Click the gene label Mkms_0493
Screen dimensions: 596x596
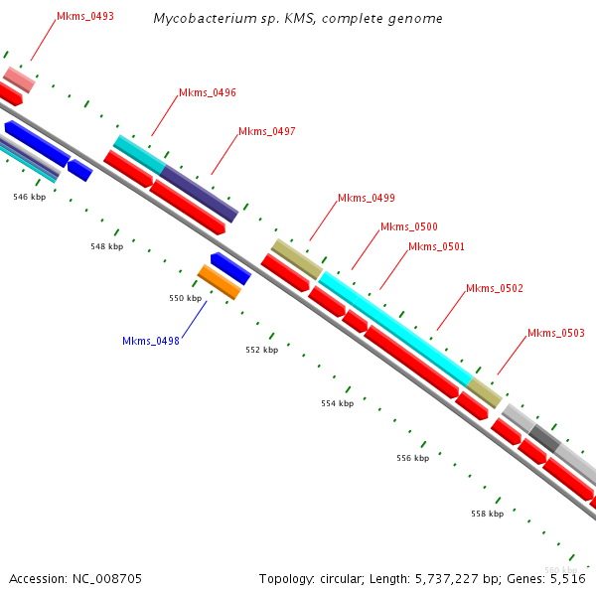pos(84,16)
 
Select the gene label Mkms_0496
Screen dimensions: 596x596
pos(207,92)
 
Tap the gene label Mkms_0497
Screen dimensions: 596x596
pos(266,131)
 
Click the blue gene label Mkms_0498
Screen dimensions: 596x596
pos(150,341)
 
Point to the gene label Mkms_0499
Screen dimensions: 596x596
pos(366,198)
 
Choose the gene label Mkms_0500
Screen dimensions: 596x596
pos(408,226)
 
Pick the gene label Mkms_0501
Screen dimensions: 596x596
pos(436,246)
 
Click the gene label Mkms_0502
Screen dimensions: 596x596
pos(494,288)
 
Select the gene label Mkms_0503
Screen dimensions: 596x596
pos(555,333)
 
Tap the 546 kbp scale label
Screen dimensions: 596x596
pos(29,197)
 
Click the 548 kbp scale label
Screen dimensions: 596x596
pos(106,246)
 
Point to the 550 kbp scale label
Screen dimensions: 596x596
pos(185,298)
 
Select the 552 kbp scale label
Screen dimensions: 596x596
pos(262,350)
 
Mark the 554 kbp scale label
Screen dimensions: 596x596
pos(337,403)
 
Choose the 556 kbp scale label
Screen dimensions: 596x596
pos(412,458)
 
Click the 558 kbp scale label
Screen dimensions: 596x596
pos(487,514)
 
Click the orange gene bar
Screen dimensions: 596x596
pos(219,282)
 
